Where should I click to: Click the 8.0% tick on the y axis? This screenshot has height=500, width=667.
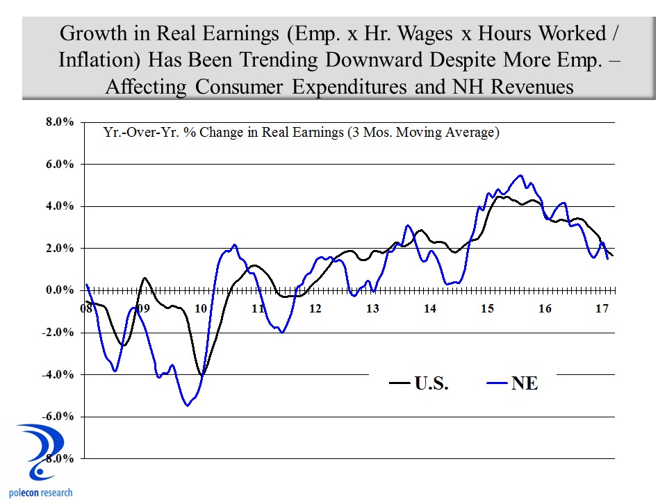pos(60,122)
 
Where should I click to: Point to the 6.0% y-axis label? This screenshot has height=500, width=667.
pos(60,165)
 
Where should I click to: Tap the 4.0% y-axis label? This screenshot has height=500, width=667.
pos(60,206)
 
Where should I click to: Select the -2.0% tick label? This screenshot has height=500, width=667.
pos(58,333)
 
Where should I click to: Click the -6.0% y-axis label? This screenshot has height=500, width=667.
pos(58,417)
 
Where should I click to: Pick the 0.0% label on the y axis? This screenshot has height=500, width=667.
pos(60,290)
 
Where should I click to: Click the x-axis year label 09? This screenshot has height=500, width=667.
pos(142,308)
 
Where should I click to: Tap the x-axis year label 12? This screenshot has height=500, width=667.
pos(315,308)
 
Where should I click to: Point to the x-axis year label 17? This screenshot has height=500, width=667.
pos(602,308)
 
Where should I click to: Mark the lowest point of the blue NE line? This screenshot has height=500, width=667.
pos(188,405)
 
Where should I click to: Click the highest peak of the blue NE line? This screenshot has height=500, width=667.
pos(521,176)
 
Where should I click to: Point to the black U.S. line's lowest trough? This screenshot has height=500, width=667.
pos(201,375)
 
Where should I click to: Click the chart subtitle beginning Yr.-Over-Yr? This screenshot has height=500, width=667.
pos(301,132)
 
